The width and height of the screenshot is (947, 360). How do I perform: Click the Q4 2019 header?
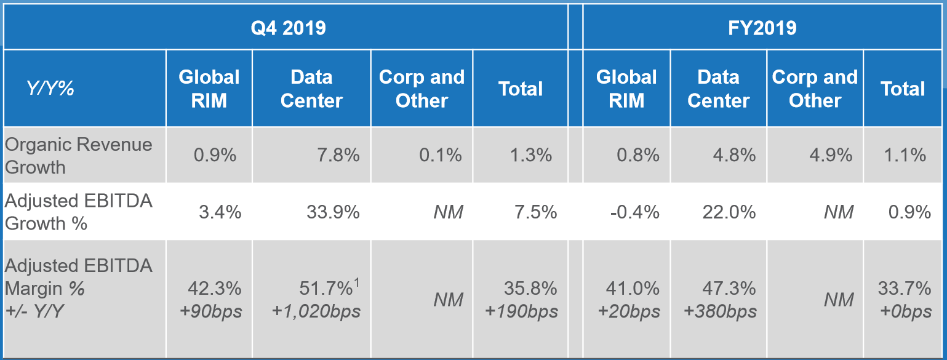pyautogui.click(x=287, y=28)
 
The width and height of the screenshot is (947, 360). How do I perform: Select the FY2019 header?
pyautogui.click(x=764, y=28)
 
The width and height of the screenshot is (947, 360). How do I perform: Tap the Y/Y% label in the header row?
pyautogui.click(x=50, y=89)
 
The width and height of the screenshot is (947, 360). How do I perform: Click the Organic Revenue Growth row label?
pyautogui.click(x=79, y=155)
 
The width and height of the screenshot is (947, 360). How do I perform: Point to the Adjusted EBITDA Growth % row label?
pyautogui.click(x=79, y=212)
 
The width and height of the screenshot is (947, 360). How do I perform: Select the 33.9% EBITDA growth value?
pyautogui.click(x=333, y=212)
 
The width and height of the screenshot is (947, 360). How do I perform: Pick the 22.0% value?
pyautogui.click(x=729, y=212)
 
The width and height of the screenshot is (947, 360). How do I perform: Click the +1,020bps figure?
pyautogui.click(x=316, y=311)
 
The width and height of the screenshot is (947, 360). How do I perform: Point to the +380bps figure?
pyautogui.click(x=721, y=311)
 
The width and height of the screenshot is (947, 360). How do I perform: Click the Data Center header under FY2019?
pyautogui.click(x=718, y=89)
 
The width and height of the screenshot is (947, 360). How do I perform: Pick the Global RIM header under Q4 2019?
pyautogui.click(x=209, y=89)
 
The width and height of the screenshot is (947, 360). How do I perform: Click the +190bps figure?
pyautogui.click(x=521, y=311)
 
